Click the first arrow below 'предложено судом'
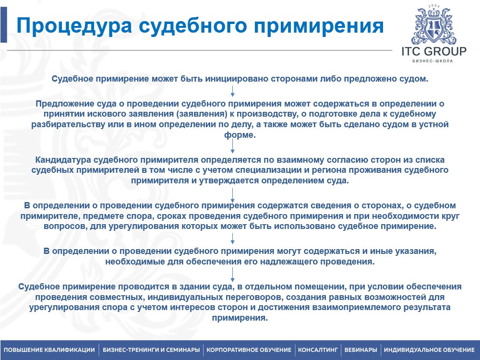point(233,90)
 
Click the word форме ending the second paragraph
point(240,135)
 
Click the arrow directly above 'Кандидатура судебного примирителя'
point(233,147)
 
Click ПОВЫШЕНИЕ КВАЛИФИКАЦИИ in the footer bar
point(49,349)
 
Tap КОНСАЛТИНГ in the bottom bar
point(318,349)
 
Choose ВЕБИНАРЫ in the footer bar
point(360,349)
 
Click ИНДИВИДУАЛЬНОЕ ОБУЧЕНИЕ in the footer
point(429,349)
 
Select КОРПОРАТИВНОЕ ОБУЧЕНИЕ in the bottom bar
point(249,349)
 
